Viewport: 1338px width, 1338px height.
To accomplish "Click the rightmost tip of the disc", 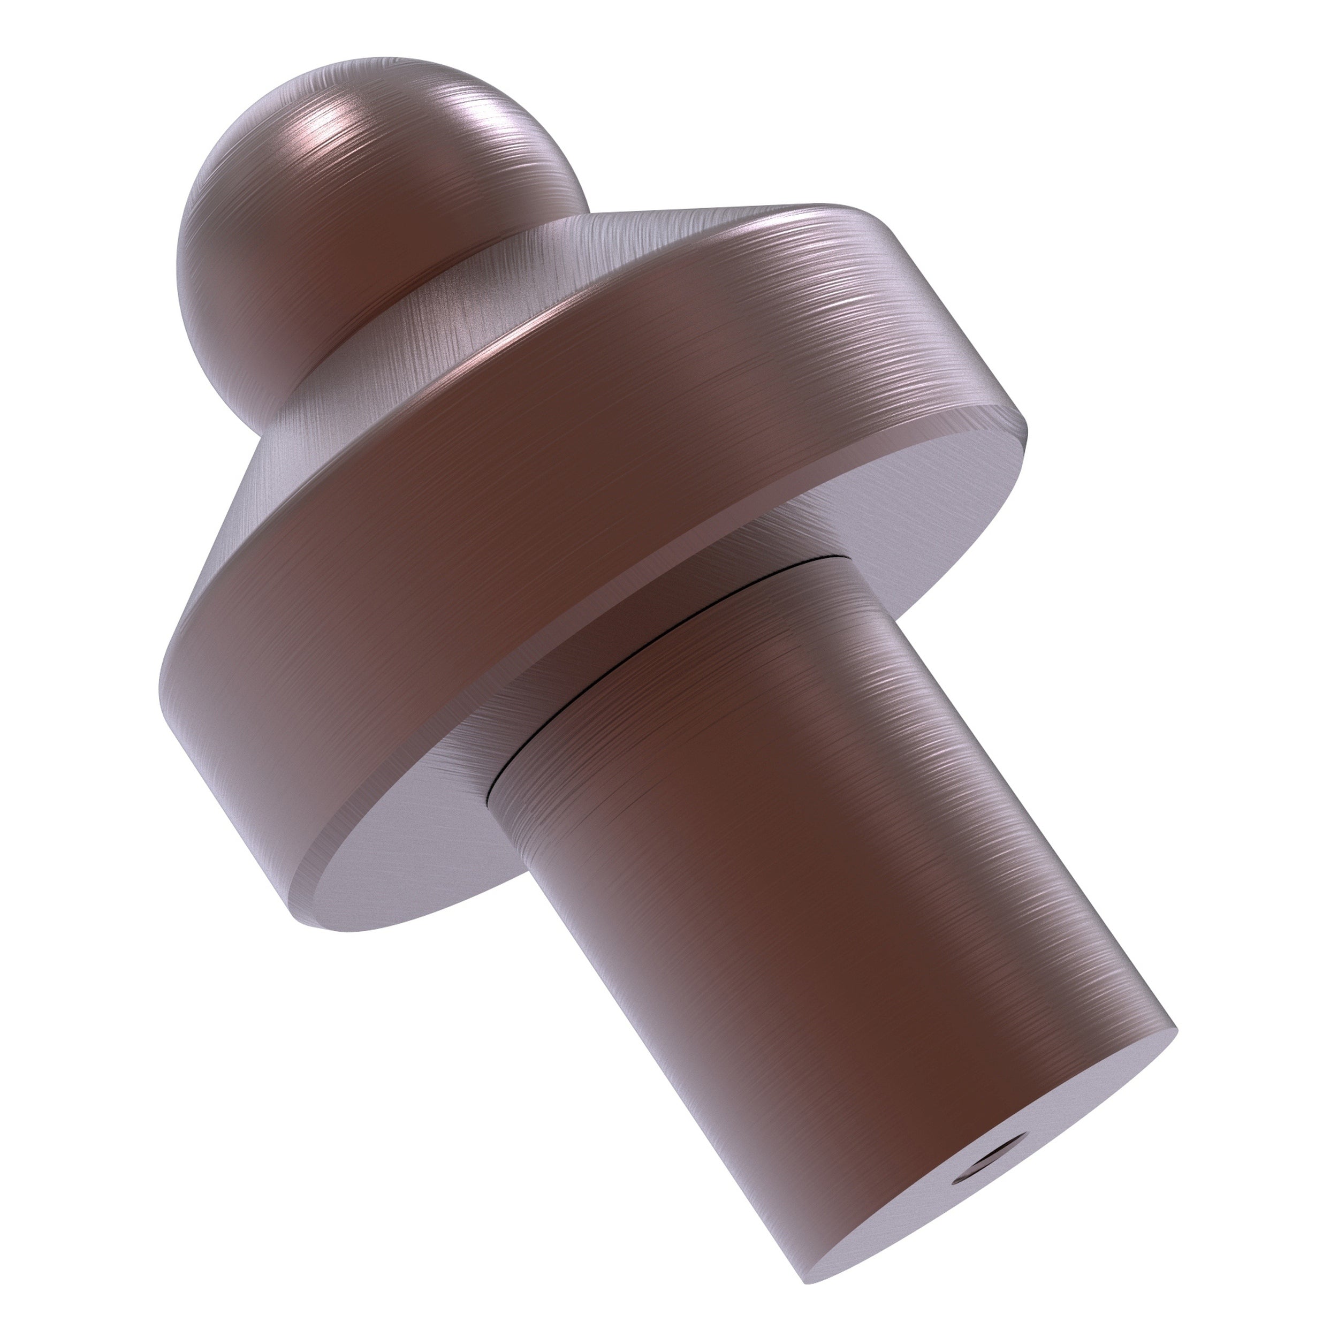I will pos(1027,429).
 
